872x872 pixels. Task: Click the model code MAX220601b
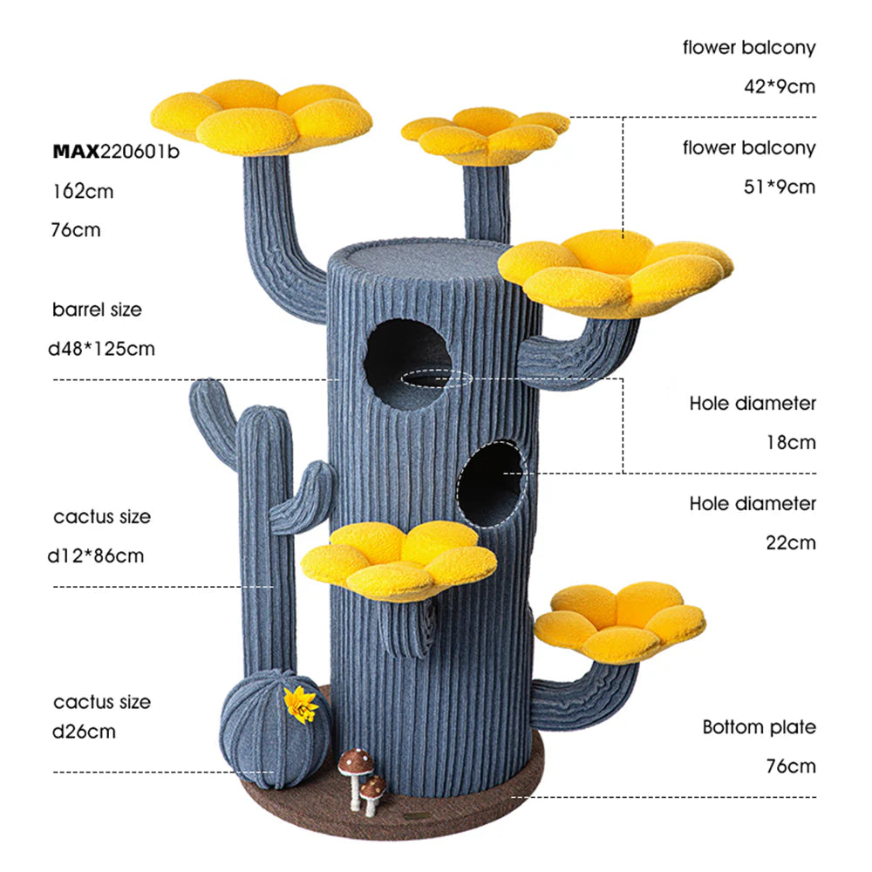tap(116, 152)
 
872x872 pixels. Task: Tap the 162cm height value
tap(83, 191)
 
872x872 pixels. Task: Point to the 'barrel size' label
tap(97, 310)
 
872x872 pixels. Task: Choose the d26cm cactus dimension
tap(84, 732)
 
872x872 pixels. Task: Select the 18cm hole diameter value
tap(791, 442)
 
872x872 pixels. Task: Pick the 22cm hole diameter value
tap(791, 542)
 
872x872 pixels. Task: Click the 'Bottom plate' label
tap(760, 727)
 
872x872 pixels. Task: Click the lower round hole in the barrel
tap(491, 481)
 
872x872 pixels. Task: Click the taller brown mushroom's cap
tap(355, 760)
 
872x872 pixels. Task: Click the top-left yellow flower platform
tap(261, 114)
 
